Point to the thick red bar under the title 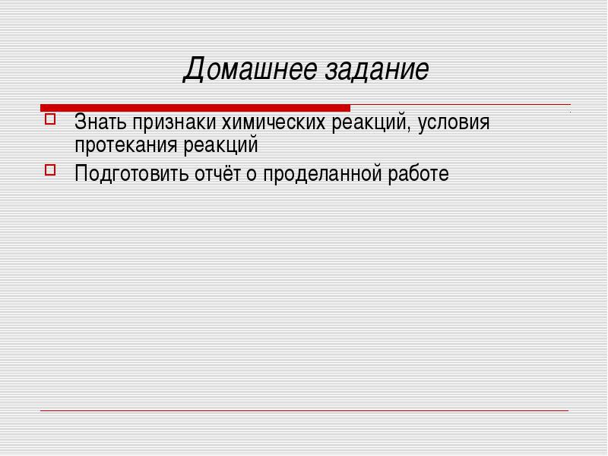[x=195, y=108]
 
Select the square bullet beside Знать [x=50, y=119]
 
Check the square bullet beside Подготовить [x=50, y=169]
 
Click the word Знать [x=100, y=122]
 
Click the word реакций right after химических [x=371, y=122]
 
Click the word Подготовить [x=131, y=174]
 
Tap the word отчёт [x=218, y=173]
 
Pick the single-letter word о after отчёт [x=252, y=175]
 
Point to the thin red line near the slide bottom [x=305, y=410]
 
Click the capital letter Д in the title [x=194, y=70]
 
